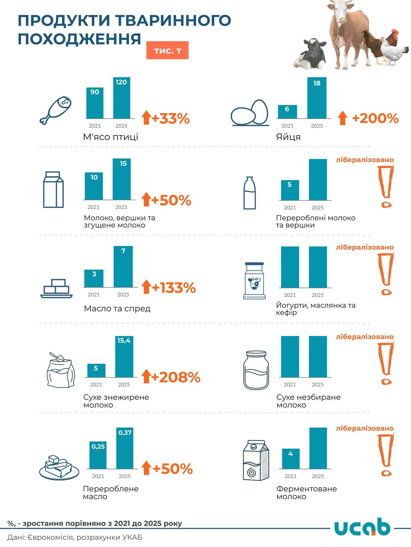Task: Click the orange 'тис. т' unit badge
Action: (x=167, y=50)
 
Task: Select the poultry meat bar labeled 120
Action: (x=121, y=98)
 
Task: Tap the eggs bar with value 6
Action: (x=287, y=112)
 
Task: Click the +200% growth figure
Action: (x=375, y=119)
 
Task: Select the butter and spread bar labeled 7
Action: (x=123, y=267)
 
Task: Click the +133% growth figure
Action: (x=174, y=288)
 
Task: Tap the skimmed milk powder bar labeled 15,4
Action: (x=124, y=357)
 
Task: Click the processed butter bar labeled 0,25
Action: (x=98, y=455)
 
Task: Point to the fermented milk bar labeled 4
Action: (x=291, y=459)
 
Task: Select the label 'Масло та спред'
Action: (x=117, y=309)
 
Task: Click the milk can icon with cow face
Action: (x=254, y=281)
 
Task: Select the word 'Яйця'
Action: (x=288, y=137)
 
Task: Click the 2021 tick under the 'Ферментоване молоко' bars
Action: (x=290, y=476)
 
